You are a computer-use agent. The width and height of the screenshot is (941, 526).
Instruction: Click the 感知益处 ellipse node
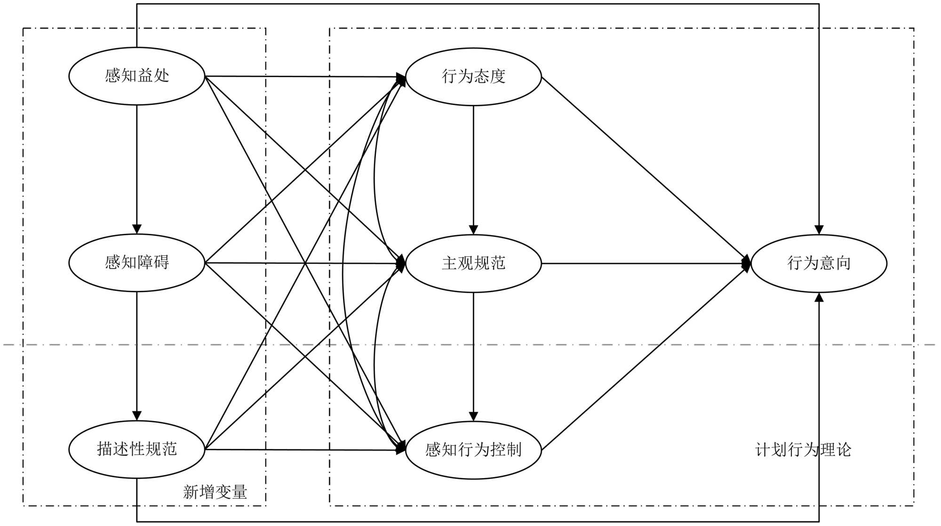coord(136,76)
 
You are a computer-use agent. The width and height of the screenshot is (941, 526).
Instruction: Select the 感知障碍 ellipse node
coord(136,263)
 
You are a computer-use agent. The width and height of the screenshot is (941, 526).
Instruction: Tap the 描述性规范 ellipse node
coord(136,449)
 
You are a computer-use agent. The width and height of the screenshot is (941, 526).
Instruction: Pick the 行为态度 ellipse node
coord(473,76)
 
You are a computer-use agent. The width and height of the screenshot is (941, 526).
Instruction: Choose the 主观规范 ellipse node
coord(473,263)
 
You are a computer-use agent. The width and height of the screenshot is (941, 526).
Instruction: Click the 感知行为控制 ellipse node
coord(473,450)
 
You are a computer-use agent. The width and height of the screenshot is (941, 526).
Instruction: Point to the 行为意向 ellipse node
coord(819,263)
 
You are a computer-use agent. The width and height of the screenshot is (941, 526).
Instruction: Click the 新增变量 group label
coord(215,492)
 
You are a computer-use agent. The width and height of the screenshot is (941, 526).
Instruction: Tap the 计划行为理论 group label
coord(803,450)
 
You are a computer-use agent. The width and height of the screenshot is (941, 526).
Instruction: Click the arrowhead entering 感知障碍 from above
coord(136,229)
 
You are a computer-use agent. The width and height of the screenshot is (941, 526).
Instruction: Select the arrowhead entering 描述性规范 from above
coord(136,416)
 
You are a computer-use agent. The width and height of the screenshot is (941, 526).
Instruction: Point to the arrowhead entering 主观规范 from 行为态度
coord(473,230)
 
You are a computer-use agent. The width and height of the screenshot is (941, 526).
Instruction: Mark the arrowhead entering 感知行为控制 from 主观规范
coord(473,416)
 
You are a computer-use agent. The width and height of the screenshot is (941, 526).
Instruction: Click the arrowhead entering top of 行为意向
coord(819,230)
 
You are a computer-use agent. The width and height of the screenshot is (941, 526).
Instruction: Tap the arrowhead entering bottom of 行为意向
coord(819,297)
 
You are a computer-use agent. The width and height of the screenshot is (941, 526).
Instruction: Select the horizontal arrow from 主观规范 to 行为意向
coord(645,263)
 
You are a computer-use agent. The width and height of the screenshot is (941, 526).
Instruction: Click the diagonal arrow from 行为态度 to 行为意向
coord(645,169)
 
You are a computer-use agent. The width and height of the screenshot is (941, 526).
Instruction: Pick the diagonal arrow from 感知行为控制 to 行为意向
coord(645,358)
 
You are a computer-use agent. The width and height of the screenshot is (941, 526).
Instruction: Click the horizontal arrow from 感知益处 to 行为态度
coord(301,76)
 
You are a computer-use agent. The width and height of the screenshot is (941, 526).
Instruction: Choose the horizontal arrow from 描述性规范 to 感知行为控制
coord(301,450)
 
